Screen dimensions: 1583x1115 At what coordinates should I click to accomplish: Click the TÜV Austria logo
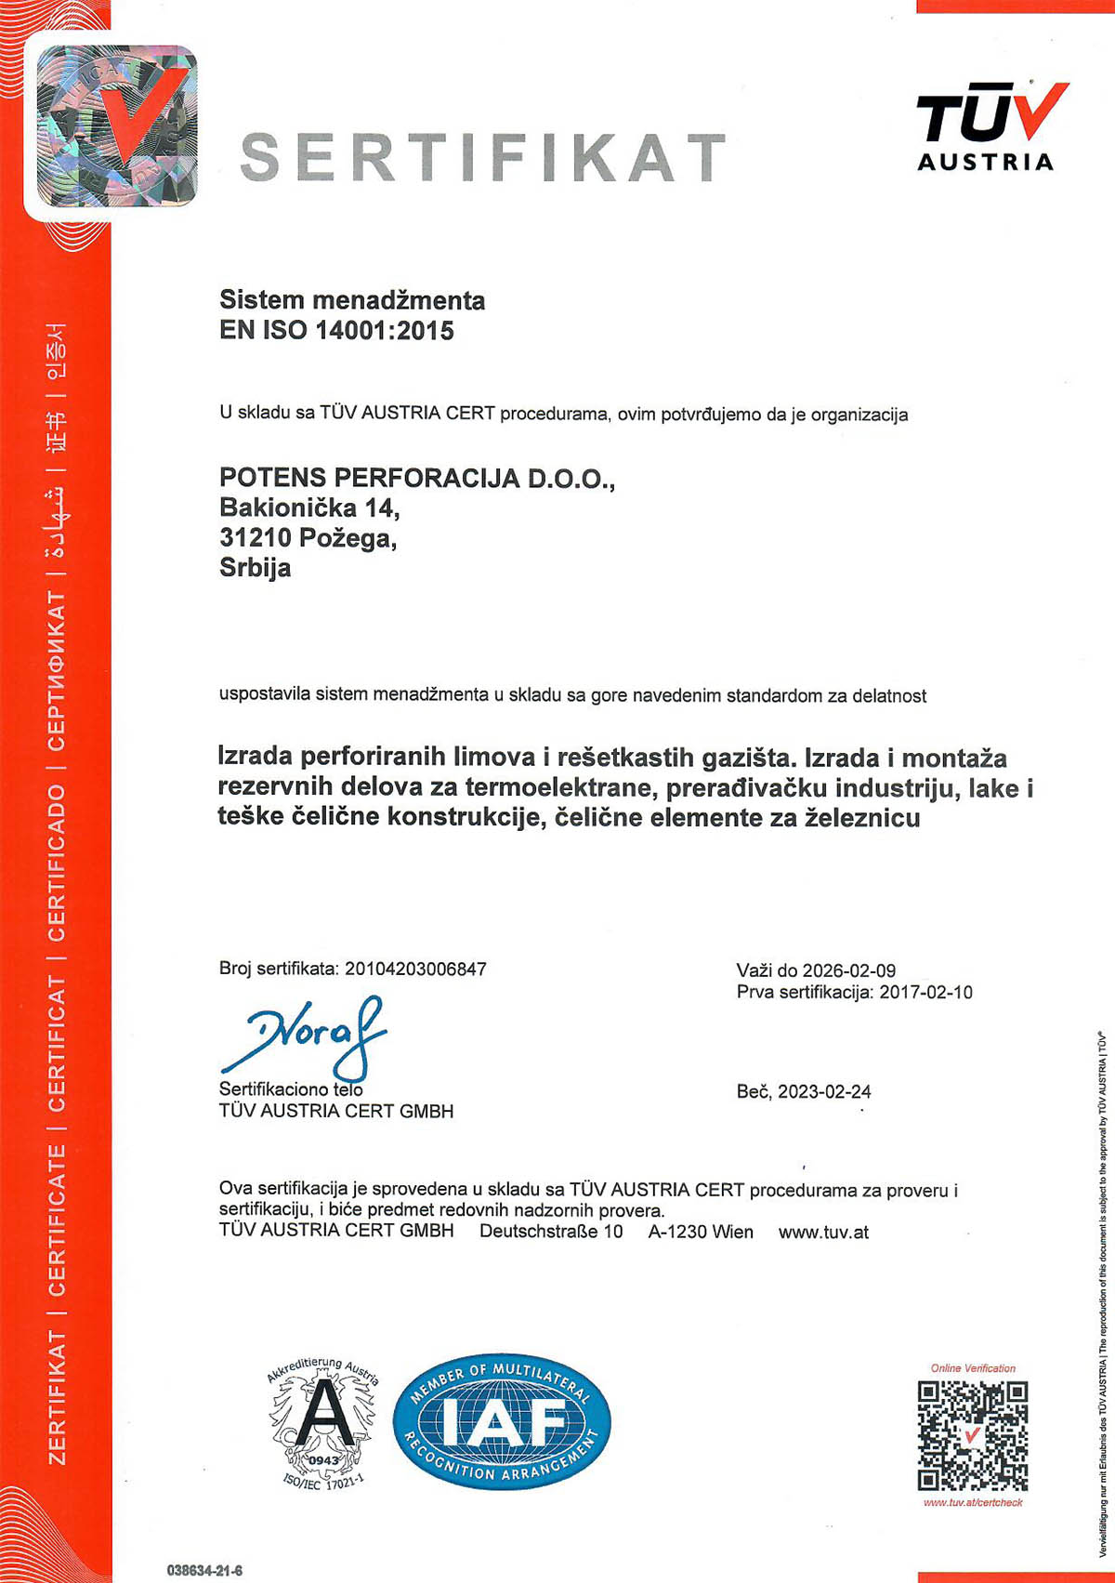pyautogui.click(x=990, y=125)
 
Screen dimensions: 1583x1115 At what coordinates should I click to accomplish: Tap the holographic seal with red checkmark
pyautogui.click(x=117, y=125)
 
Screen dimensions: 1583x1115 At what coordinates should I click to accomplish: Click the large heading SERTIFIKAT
pyautogui.click(x=483, y=156)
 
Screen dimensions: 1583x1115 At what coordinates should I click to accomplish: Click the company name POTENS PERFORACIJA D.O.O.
pyautogui.click(x=416, y=478)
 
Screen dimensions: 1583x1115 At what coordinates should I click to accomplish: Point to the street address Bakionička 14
pyautogui.click(x=309, y=508)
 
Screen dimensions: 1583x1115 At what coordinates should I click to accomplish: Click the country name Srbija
pyautogui.click(x=255, y=567)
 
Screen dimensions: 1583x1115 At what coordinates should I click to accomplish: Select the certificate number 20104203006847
pyautogui.click(x=415, y=969)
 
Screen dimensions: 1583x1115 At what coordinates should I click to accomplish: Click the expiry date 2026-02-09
pyautogui.click(x=849, y=970)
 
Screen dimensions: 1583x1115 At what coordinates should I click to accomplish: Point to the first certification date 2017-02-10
pyautogui.click(x=925, y=992)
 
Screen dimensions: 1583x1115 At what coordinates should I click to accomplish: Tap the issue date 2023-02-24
pyautogui.click(x=824, y=1091)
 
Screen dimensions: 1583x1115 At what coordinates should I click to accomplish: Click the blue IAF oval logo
pyautogui.click(x=502, y=1420)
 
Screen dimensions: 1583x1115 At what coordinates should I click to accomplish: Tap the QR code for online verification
pyautogui.click(x=973, y=1435)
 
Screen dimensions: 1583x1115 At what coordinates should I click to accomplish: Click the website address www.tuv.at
pyautogui.click(x=823, y=1232)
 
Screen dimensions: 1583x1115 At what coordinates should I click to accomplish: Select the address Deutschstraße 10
pyautogui.click(x=551, y=1232)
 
